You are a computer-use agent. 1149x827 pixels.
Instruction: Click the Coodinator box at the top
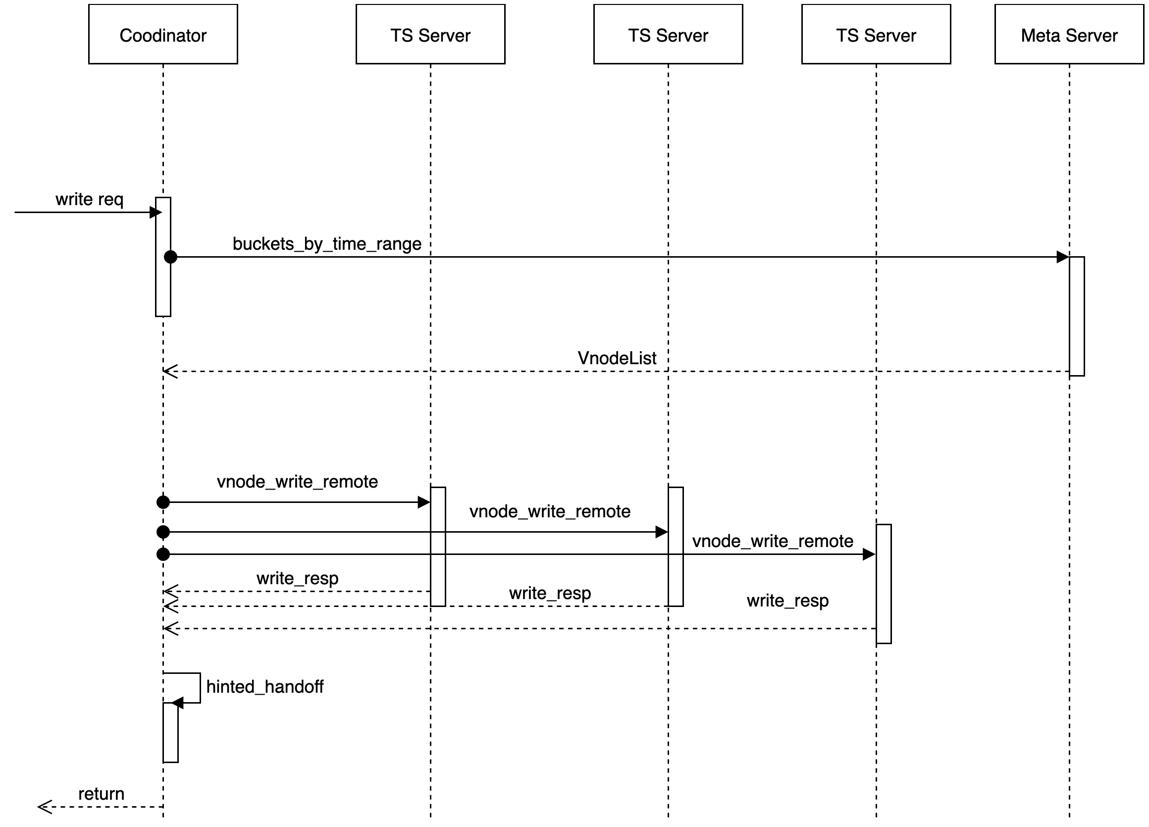(x=163, y=35)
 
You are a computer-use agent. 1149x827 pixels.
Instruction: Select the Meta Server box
(x=1069, y=35)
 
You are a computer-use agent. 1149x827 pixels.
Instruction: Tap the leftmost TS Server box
(x=430, y=35)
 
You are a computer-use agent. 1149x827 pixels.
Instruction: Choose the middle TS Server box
(x=668, y=35)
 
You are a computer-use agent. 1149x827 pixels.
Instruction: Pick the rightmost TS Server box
(x=876, y=35)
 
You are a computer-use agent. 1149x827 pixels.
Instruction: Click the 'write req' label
(x=89, y=200)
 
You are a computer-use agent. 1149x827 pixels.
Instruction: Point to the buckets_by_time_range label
(x=327, y=244)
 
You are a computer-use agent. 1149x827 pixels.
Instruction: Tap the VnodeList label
(x=617, y=358)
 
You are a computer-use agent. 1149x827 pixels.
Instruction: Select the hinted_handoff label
(x=264, y=687)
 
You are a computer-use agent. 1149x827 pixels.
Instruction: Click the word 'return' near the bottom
(x=102, y=794)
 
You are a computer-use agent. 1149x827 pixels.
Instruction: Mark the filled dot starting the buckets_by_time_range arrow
(x=171, y=257)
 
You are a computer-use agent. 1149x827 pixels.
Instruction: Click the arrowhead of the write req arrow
(x=156, y=212)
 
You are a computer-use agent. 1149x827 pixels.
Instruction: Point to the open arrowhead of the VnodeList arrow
(x=170, y=372)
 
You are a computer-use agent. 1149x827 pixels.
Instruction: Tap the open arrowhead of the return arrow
(x=45, y=807)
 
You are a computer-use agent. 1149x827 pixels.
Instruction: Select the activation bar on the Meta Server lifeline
(x=1077, y=316)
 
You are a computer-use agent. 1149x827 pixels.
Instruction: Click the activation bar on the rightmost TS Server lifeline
(x=884, y=584)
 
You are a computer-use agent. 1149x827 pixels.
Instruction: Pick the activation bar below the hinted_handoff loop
(x=170, y=732)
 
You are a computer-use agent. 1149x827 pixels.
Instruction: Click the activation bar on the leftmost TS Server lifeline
(x=438, y=546)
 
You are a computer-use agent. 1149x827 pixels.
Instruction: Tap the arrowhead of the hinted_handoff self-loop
(x=177, y=703)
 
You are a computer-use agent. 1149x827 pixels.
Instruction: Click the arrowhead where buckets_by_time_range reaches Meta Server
(x=1062, y=257)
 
